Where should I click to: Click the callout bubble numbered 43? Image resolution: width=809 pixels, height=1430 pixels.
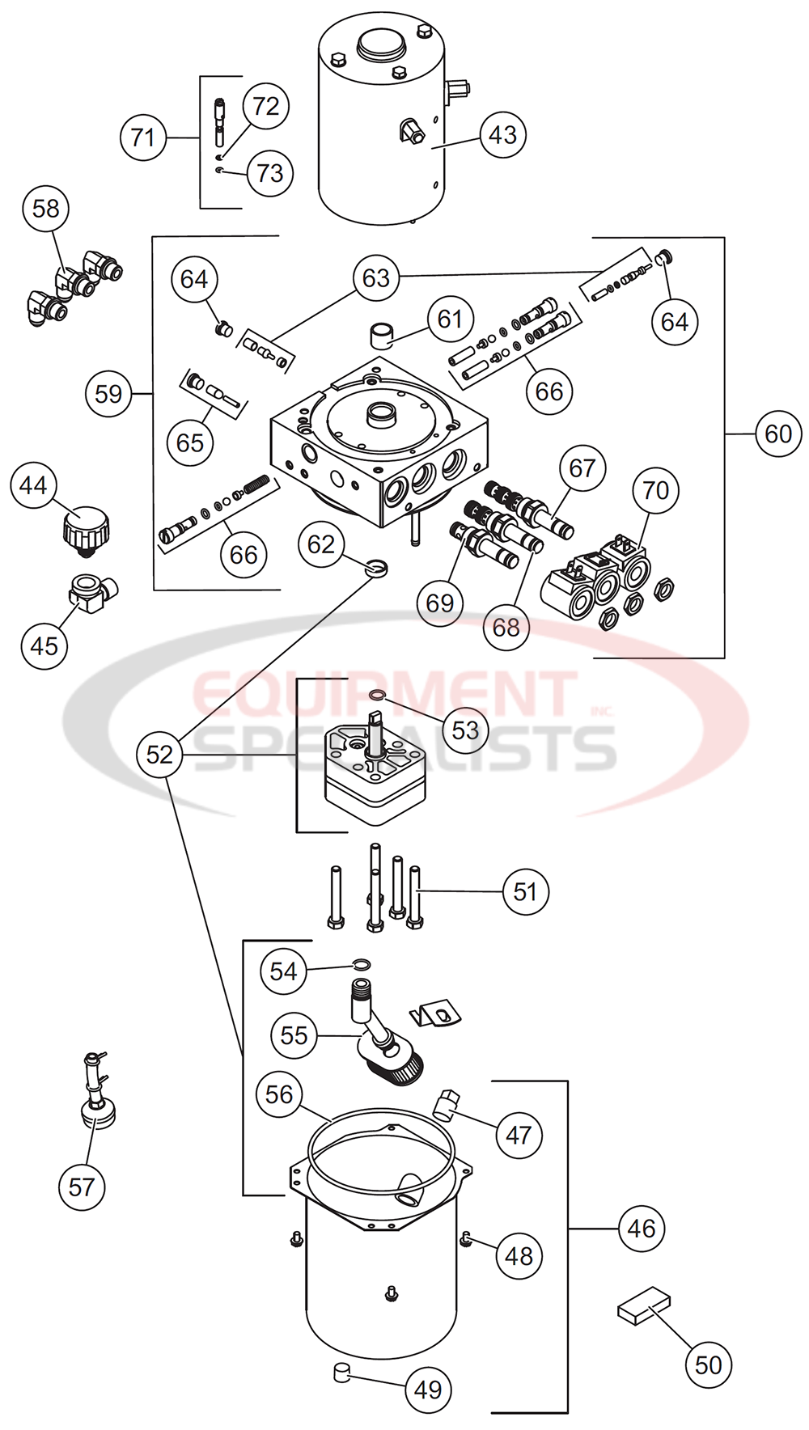tap(502, 135)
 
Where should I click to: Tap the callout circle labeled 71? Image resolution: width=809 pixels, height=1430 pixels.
tap(143, 137)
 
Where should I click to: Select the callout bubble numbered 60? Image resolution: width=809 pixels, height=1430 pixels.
tap(778, 434)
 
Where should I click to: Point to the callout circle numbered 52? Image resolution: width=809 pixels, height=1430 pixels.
tap(159, 754)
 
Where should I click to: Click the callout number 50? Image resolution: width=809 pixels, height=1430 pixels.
tap(708, 1364)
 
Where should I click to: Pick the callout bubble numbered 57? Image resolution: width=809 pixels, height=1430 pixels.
tap(82, 1187)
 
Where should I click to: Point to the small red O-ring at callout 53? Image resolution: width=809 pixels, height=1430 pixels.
tap(376, 695)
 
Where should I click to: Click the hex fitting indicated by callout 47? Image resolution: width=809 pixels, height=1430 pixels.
tap(446, 1104)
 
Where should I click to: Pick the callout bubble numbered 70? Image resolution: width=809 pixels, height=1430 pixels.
tap(655, 490)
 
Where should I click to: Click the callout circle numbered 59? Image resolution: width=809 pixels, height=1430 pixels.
tap(108, 394)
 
